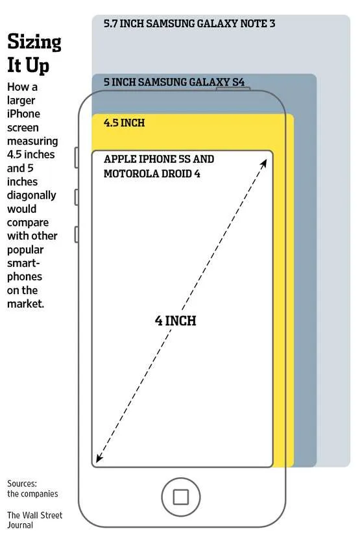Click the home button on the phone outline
pos(181,497)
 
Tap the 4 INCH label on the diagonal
pos(176,321)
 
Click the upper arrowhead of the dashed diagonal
pos(264,163)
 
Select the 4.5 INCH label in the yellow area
pos(124,123)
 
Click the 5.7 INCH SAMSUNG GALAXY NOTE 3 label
pos(189,23)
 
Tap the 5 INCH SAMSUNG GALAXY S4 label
pos(174,82)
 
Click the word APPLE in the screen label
pos(119,159)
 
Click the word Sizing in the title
pos(34,42)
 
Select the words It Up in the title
pos(28,65)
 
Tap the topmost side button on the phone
pos(77,158)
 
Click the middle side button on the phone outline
pos(77,197)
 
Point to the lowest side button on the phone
pos(77,234)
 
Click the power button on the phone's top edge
pos(233,89)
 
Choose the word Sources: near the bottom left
pos(22,484)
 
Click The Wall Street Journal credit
pos(34,520)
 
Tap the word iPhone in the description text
pos(23,114)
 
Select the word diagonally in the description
pos(32,195)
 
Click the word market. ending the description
pos(26,304)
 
